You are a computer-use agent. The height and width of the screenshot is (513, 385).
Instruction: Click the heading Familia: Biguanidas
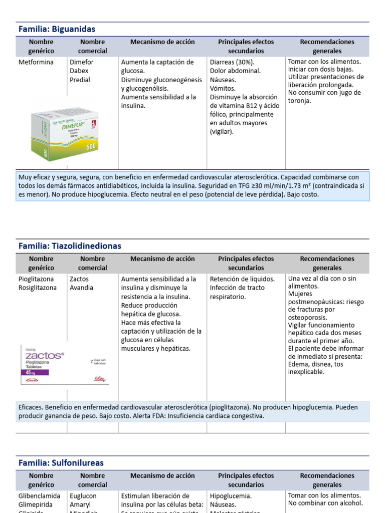pyautogui.click(x=57, y=29)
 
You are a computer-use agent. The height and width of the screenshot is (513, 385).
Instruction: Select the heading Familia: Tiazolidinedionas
pyautogui.click(x=70, y=246)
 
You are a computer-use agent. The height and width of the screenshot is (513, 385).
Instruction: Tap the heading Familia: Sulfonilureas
pyautogui.click(x=61, y=463)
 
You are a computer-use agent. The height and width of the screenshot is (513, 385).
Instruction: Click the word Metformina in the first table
pyautogui.click(x=36, y=63)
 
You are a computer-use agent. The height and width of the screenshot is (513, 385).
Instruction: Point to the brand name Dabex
pyautogui.click(x=79, y=71)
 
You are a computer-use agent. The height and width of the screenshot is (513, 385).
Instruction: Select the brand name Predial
pyautogui.click(x=80, y=80)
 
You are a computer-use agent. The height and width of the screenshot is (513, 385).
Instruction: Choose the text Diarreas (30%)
pyautogui.click(x=232, y=63)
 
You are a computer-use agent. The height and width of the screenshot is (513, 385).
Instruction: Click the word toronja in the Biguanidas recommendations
pyautogui.click(x=300, y=100)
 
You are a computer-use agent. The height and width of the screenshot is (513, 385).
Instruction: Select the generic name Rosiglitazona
pyautogui.click(x=38, y=288)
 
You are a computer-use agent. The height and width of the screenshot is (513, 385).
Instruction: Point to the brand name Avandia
pyautogui.click(x=82, y=288)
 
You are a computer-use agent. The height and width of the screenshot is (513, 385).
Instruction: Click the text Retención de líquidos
pyautogui.click(x=242, y=279)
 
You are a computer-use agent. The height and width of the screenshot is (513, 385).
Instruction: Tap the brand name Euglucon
pyautogui.click(x=83, y=496)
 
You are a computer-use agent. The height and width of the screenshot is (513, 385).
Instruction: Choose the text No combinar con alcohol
pyautogui.click(x=325, y=503)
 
